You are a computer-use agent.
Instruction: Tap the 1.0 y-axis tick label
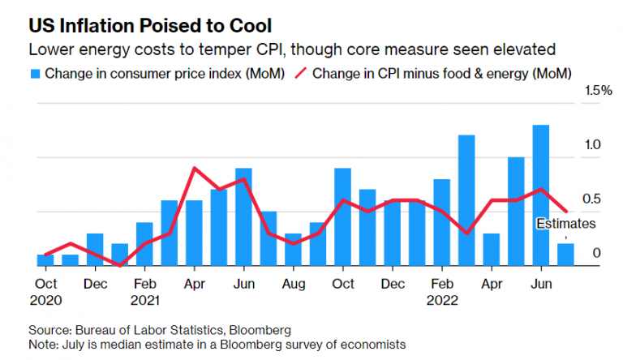(x=592, y=145)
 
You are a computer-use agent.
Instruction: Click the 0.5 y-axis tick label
(x=592, y=199)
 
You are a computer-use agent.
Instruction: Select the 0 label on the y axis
(x=596, y=254)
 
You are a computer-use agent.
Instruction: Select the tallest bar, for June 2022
(x=541, y=195)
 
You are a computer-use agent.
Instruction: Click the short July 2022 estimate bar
(x=565, y=255)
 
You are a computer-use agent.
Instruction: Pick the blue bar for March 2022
(x=466, y=200)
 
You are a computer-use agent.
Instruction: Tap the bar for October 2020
(x=45, y=260)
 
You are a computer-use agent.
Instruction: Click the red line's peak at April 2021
(x=195, y=169)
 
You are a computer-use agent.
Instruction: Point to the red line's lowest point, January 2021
(x=120, y=264)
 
